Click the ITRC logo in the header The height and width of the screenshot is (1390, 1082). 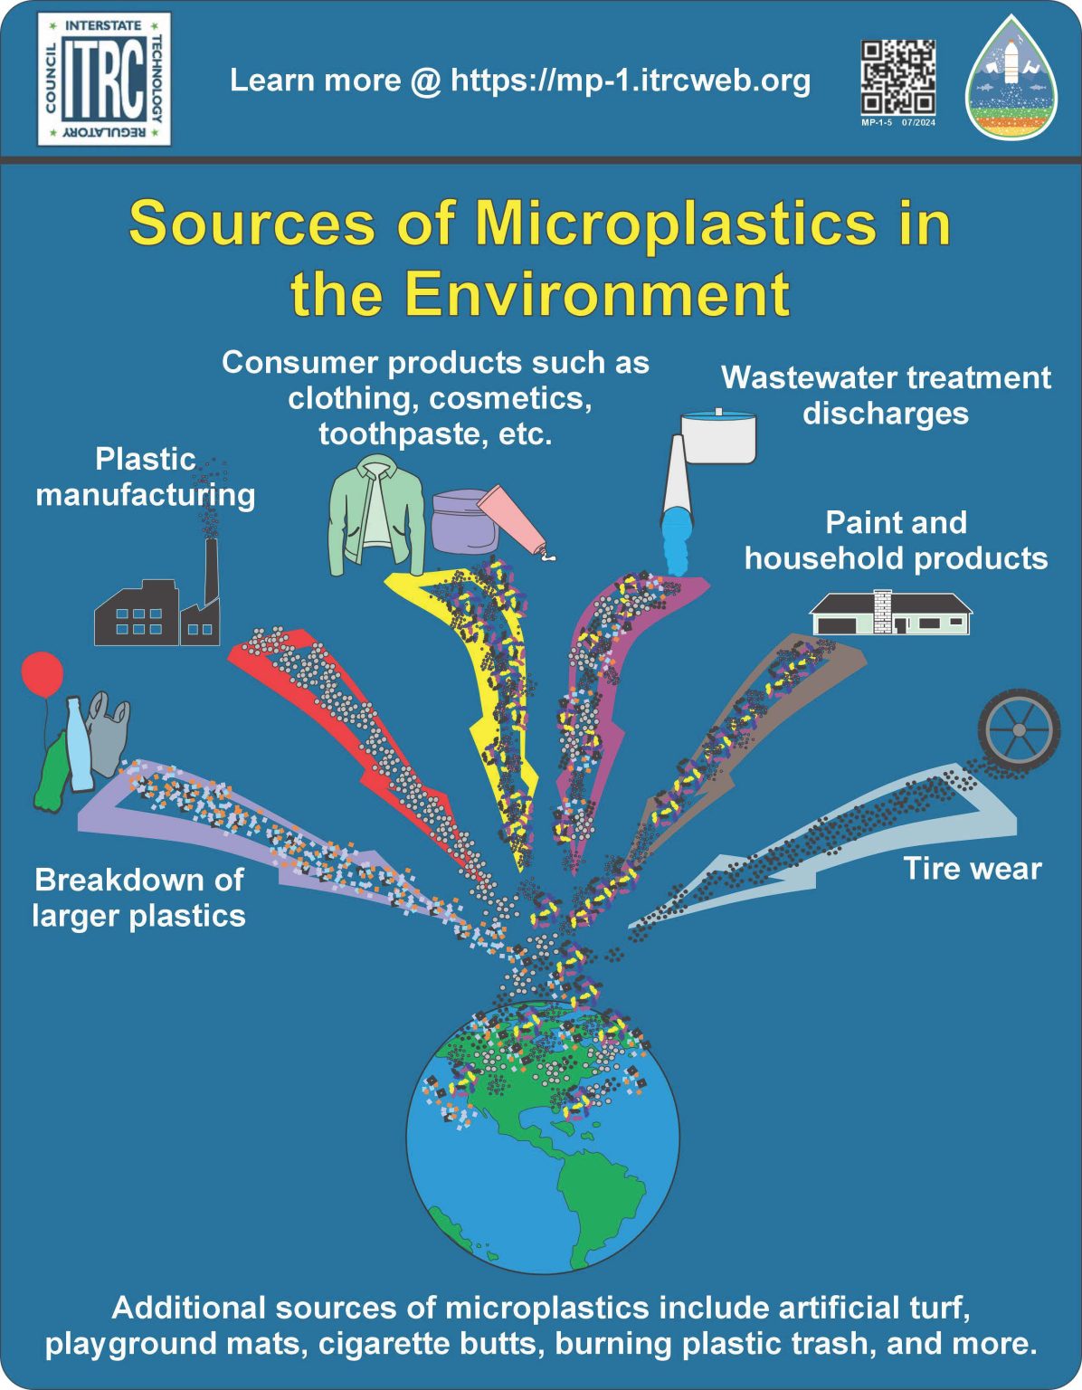pos(104,80)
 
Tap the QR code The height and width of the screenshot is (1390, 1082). pos(897,77)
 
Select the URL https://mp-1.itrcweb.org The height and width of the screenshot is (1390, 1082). pos(630,81)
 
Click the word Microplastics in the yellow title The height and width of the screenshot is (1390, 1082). pos(675,223)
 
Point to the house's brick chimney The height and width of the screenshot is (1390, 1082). pos(882,611)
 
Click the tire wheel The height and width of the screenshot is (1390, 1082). pos(1019,729)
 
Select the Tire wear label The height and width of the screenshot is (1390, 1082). pos(972,869)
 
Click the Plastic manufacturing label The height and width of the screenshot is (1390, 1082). pos(146,477)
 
